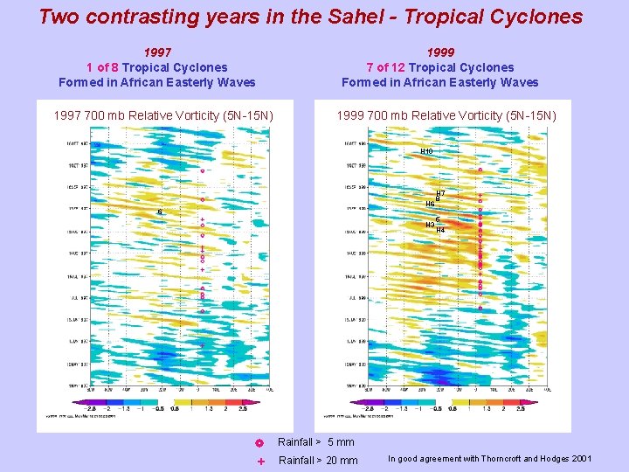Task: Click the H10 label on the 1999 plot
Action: click(x=426, y=151)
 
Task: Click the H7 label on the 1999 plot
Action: click(x=440, y=193)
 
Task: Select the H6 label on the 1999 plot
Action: click(x=430, y=204)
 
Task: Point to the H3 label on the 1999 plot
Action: click(x=430, y=225)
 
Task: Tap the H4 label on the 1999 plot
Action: click(x=440, y=230)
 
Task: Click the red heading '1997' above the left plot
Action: click(x=157, y=52)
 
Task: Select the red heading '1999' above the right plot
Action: click(x=440, y=52)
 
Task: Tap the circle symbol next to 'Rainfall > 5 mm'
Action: click(x=260, y=442)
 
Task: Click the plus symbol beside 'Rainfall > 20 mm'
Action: click(x=260, y=461)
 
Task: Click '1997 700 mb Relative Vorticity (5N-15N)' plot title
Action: click(x=163, y=115)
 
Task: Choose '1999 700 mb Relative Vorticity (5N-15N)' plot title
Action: click(x=446, y=115)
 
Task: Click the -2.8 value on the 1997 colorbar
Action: click(x=91, y=408)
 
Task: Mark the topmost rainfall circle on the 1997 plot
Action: click(x=202, y=171)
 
